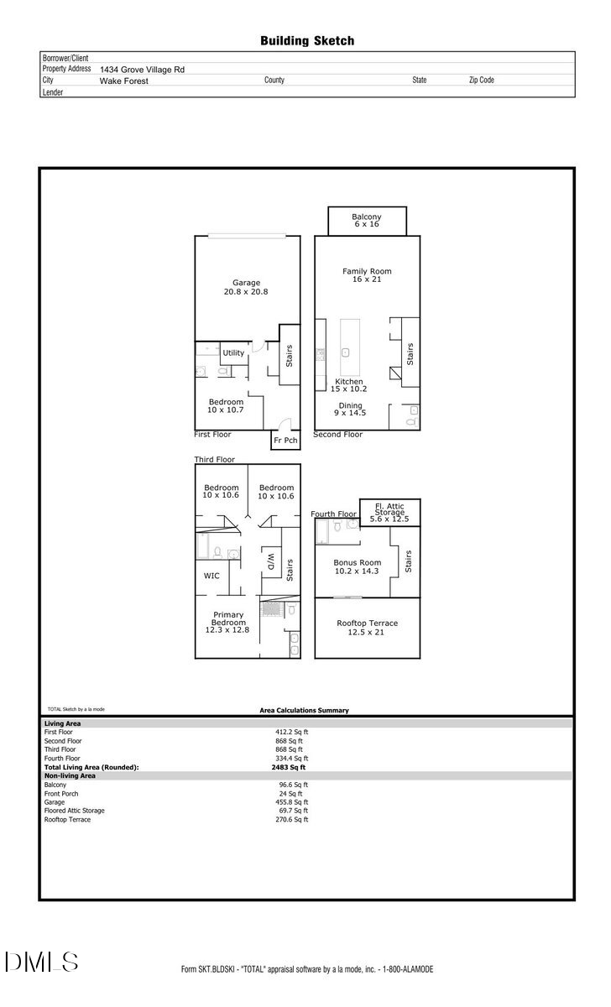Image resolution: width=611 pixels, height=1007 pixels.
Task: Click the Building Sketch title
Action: (306, 40)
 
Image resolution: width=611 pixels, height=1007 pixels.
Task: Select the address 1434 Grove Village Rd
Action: (142, 70)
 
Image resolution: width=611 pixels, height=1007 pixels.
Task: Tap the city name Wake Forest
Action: (124, 81)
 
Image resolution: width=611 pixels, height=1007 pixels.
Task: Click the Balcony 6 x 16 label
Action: (366, 222)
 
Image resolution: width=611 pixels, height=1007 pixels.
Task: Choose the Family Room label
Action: (367, 275)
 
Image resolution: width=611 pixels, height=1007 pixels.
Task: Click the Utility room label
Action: (233, 353)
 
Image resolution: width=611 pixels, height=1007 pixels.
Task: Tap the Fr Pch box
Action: (285, 440)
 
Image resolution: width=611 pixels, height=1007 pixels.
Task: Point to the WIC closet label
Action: (211, 577)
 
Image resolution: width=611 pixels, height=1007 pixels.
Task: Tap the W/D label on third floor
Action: (270, 562)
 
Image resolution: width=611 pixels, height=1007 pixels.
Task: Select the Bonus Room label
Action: (358, 566)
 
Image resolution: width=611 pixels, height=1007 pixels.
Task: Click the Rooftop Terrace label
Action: (367, 628)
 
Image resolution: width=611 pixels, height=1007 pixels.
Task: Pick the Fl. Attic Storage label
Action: (389, 512)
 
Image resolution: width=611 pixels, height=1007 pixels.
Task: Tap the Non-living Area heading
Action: (70, 776)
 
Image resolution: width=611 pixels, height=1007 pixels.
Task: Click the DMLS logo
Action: (42, 962)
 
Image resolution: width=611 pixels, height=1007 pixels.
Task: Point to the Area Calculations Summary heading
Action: (304, 710)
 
